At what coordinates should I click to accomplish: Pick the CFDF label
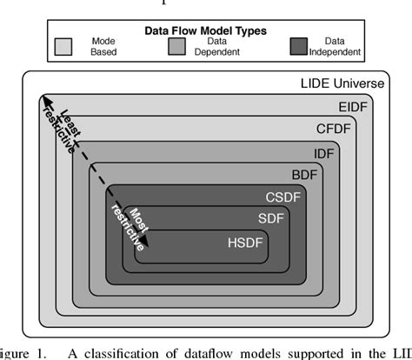(x=336, y=128)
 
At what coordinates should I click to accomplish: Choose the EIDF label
(x=351, y=107)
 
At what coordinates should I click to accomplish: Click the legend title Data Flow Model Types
(x=204, y=30)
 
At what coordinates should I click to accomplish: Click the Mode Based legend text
(x=103, y=46)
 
